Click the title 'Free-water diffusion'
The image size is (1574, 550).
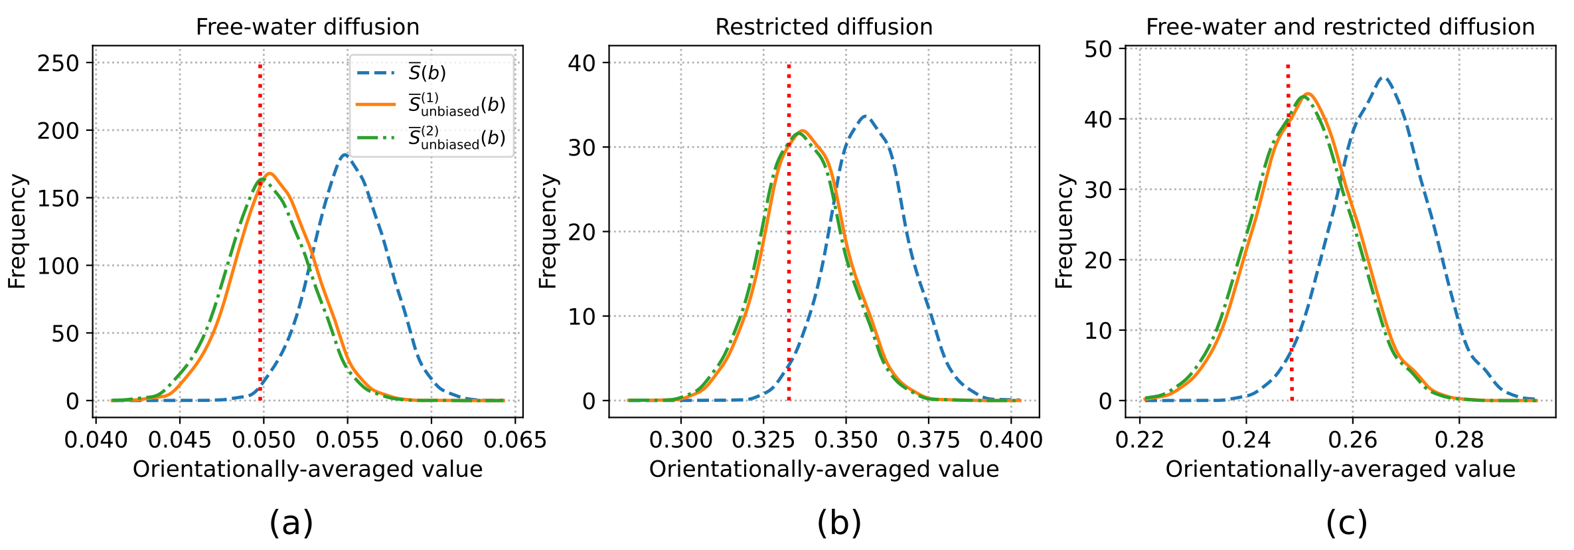coord(307,27)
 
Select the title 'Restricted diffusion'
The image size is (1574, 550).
coord(824,27)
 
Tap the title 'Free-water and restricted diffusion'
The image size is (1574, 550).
coord(1340,27)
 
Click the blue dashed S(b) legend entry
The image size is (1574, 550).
coord(428,72)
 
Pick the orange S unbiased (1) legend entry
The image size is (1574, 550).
coord(456,105)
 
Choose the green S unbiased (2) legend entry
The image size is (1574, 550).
coord(456,138)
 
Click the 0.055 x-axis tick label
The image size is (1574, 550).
coord(347,440)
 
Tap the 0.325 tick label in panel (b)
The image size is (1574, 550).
coord(763,440)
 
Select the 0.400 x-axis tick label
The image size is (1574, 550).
coord(1011,440)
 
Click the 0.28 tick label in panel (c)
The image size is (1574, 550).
coord(1458,440)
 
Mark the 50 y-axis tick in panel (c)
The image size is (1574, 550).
coord(1098,49)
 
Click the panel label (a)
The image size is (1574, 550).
coord(291,523)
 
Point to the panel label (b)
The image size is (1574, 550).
coord(839,523)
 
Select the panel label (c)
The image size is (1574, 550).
coord(1346,523)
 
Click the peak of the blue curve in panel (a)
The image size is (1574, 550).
coord(345,155)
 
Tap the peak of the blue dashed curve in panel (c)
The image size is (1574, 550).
coord(1383,78)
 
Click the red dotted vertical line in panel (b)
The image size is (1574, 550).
coord(789,266)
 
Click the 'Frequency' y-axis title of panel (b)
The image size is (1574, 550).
coord(548,231)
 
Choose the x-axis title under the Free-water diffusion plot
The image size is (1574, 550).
coord(307,470)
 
